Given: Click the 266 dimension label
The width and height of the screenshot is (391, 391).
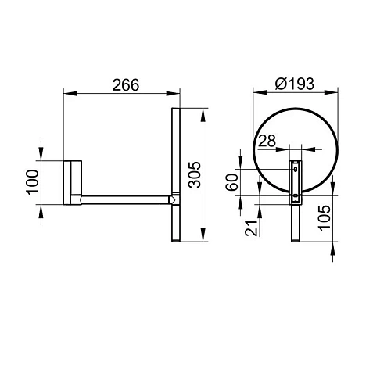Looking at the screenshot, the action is coord(126,85).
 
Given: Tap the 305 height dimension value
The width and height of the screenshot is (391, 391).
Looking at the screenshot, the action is coord(195,174).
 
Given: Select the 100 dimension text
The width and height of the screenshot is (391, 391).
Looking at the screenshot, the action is coord(32,182).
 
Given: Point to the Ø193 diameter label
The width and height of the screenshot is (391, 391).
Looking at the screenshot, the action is coord(295,84).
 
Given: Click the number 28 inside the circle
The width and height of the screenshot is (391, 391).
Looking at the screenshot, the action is coord(267,141).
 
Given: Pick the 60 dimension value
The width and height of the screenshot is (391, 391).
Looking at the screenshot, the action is coord(232,182).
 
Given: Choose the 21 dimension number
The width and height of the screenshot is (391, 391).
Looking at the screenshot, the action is coord(252,228).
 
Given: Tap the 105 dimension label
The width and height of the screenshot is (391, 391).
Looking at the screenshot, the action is coord(325,217).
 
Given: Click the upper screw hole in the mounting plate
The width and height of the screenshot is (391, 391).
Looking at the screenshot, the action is coord(296,169).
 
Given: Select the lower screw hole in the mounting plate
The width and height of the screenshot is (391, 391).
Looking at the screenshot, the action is coord(296,195).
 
